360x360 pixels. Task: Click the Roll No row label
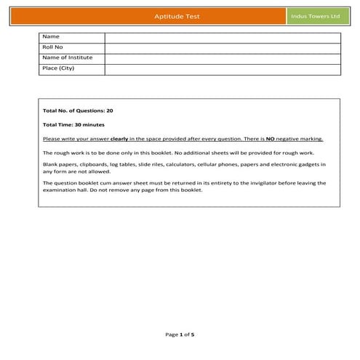(x=53, y=47)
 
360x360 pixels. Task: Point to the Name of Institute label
(x=68, y=57)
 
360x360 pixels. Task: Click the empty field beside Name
(x=222, y=37)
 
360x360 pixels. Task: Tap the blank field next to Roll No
(x=222, y=47)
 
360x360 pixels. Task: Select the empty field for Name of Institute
(x=222, y=58)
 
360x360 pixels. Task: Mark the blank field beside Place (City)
(x=222, y=68)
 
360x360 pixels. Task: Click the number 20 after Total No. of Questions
(x=109, y=110)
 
